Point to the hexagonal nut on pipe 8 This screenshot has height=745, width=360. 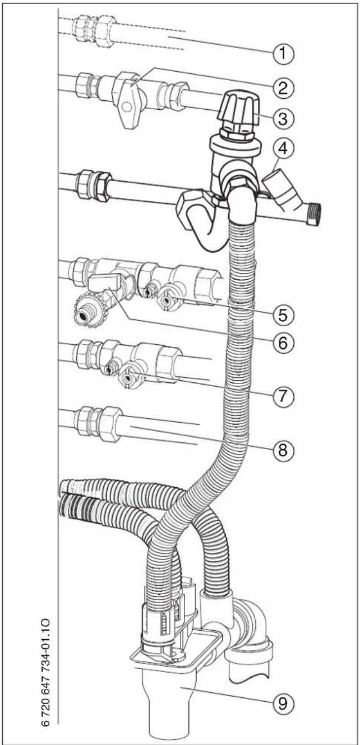pos(110,424)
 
